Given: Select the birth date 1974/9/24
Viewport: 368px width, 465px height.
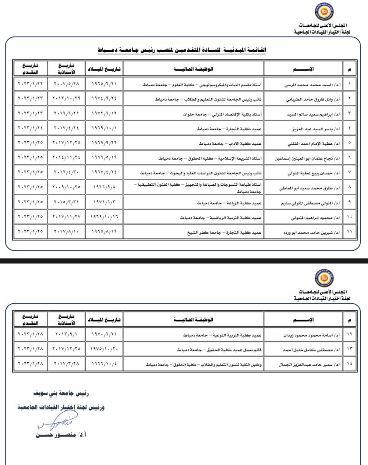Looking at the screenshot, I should (104, 98).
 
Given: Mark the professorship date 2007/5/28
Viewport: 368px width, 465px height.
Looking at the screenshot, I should (67, 84).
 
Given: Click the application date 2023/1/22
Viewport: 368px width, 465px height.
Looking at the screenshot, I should (30, 84).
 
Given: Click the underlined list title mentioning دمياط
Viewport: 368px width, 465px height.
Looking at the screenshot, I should (182, 49).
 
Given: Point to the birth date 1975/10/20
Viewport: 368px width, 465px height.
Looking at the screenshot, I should (104, 350).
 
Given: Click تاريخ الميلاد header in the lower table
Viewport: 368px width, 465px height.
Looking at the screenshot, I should (104, 320).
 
